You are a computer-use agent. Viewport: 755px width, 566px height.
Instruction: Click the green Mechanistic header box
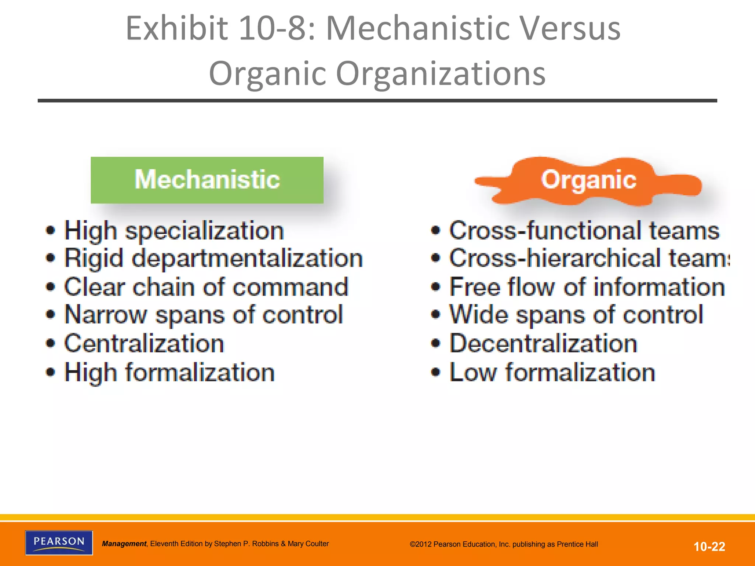point(207,180)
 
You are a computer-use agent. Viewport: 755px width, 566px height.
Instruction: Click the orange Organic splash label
point(588,181)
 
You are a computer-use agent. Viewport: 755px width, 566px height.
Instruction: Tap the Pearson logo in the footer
point(59,542)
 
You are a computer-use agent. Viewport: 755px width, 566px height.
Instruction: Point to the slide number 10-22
point(709,546)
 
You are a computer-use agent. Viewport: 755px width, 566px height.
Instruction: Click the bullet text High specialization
point(174,231)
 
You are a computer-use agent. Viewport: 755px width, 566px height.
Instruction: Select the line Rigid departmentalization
point(213,258)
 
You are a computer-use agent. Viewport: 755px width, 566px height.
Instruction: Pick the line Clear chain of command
point(206,287)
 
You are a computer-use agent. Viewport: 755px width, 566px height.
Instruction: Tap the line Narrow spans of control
point(204,315)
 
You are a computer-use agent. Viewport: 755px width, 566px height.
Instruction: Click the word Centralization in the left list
point(144,343)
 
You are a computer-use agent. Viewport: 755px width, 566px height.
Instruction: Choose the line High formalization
point(170,372)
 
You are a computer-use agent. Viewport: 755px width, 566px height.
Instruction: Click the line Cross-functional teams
point(584,231)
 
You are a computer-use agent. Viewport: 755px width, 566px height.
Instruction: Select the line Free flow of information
point(587,287)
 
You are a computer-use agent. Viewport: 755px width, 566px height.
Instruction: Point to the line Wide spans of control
point(576,315)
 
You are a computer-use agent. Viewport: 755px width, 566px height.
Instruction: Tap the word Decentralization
point(543,343)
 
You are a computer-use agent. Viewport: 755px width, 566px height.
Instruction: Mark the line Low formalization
point(552,372)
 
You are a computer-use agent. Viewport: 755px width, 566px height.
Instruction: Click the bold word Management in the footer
point(124,544)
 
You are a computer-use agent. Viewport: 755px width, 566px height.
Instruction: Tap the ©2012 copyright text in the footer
point(504,544)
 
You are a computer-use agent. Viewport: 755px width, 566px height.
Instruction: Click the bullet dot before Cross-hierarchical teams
point(436,258)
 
